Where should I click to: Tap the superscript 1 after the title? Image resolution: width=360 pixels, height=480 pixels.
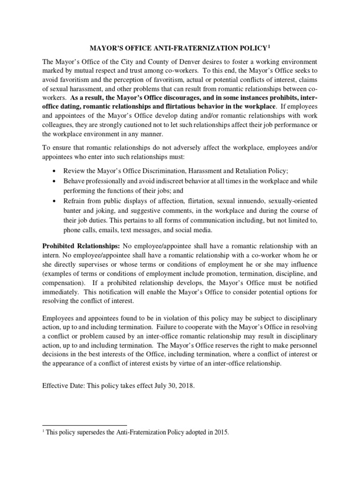(x=269, y=46)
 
